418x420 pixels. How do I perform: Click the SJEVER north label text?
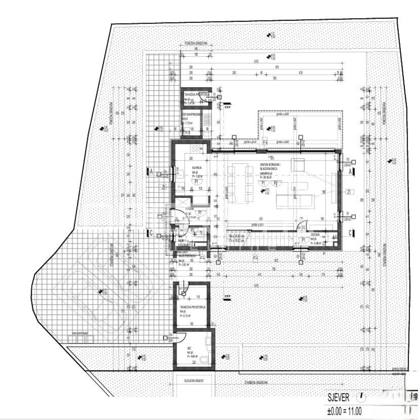point(338,397)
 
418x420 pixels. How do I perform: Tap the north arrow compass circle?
point(361,397)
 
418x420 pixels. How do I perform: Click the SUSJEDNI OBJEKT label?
point(190,380)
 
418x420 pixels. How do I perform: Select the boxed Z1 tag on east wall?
point(349,191)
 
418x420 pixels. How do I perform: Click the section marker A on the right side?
point(351,171)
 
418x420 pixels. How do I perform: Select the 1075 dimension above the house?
point(256,62)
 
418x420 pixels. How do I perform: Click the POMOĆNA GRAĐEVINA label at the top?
point(196,43)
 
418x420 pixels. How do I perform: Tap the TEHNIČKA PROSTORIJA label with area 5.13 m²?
point(193,307)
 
